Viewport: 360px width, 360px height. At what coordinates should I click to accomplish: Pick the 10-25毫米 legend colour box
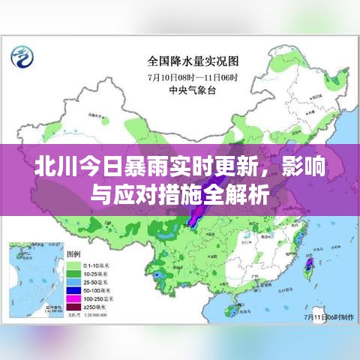click(73, 274)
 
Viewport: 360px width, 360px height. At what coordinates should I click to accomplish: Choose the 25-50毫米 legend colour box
click(73, 283)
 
